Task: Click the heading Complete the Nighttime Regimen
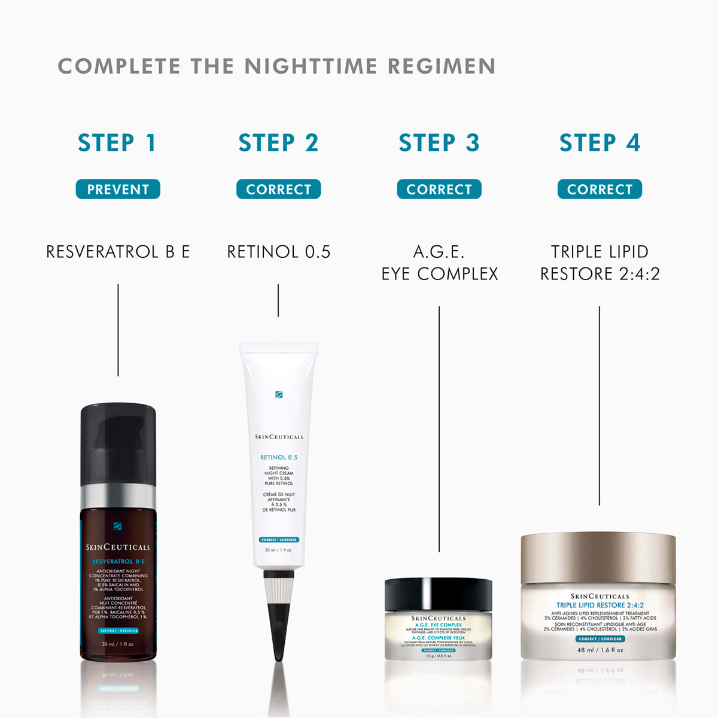276,66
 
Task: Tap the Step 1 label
117,143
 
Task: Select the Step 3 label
439,143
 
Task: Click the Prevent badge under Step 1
118,189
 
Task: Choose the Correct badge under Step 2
278,189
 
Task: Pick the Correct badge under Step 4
600,189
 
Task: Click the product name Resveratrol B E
118,252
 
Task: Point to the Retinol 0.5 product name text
278,252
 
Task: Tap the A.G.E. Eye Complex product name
439,263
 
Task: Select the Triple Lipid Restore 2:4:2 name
600,263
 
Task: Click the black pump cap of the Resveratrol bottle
118,443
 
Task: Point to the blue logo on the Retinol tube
279,394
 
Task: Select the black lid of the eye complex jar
438,594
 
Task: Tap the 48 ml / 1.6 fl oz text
600,650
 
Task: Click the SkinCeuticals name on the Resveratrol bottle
118,547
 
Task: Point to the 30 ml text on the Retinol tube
278,550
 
